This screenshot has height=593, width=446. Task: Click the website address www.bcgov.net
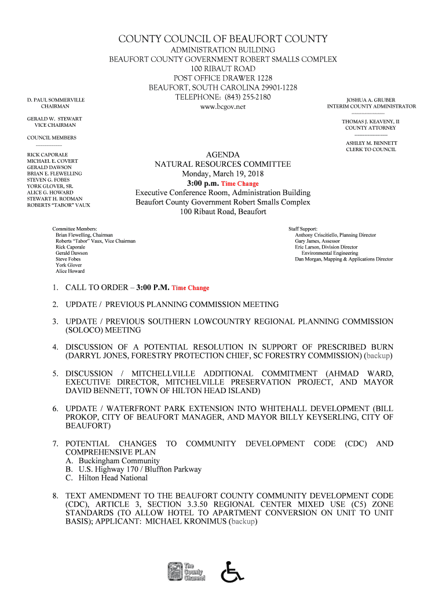223,107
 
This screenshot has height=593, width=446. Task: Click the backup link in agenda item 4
378,355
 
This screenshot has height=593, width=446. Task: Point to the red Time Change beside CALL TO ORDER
190,288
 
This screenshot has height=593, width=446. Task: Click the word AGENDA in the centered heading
223,155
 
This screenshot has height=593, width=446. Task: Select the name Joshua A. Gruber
371,100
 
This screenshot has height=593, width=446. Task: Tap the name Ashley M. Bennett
371,143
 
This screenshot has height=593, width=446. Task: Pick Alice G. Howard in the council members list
50,192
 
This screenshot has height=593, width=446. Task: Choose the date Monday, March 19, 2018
223,174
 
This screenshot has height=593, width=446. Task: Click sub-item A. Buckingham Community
112,461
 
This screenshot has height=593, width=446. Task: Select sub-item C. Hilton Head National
107,478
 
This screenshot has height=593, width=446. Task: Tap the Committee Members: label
75,229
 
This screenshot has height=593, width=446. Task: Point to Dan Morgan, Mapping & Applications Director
343,259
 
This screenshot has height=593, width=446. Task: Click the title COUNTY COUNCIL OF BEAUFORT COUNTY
223,39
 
